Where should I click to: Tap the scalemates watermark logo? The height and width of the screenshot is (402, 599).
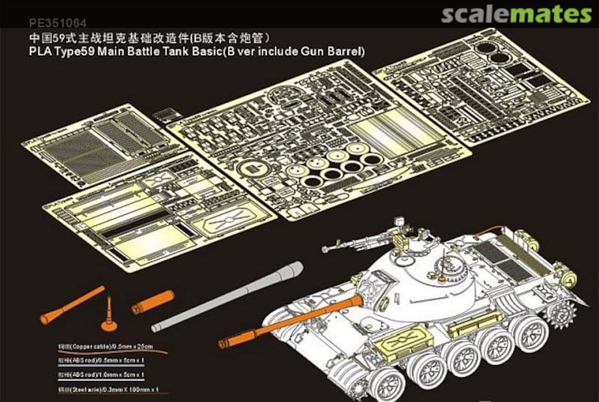point(516,14)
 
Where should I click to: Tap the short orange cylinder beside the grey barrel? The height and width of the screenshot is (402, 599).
point(153,302)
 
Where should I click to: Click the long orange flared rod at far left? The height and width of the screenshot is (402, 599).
point(72,305)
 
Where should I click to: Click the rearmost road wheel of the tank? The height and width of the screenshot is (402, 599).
point(531,336)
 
